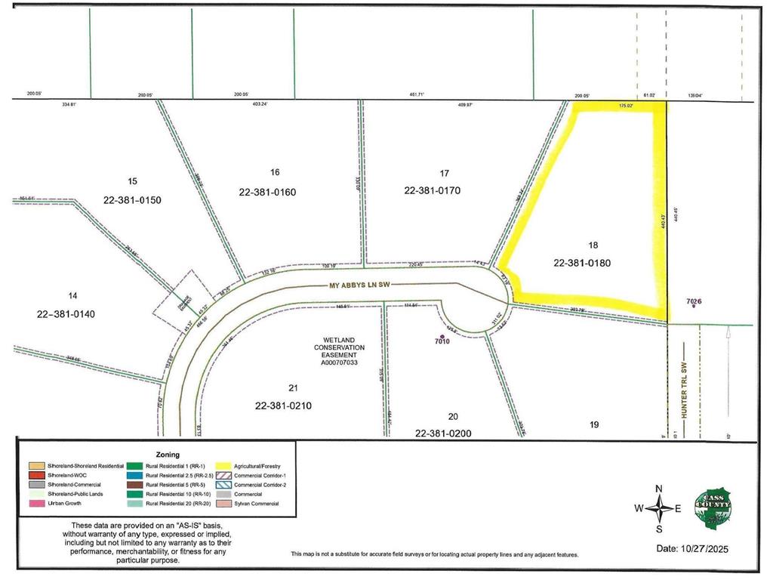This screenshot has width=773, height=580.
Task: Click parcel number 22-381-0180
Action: tap(581, 264)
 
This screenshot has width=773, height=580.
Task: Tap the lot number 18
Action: tap(593, 245)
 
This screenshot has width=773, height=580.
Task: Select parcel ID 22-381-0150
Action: tap(132, 200)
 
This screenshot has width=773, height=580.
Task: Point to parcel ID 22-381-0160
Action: tap(267, 192)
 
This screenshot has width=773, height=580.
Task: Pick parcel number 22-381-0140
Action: tap(64, 313)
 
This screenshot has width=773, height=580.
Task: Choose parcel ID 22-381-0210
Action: tap(283, 406)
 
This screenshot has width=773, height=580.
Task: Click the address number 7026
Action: tap(694, 302)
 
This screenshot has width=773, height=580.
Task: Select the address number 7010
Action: tap(442, 341)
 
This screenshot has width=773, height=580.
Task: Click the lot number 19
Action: tap(594, 425)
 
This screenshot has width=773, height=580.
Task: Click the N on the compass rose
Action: tap(659, 489)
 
